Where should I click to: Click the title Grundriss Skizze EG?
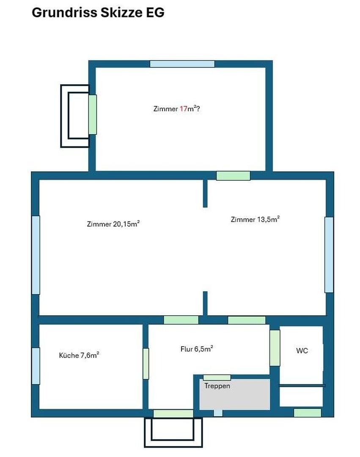[98, 13]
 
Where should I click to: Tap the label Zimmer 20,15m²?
[113, 224]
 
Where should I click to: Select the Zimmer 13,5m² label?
[255, 219]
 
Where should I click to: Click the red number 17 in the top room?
[183, 109]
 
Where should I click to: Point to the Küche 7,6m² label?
[79, 355]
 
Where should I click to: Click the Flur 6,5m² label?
[197, 349]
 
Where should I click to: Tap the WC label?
[302, 351]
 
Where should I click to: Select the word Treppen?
[217, 386]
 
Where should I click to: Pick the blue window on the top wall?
[182, 64]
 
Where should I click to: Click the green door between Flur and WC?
[275, 348]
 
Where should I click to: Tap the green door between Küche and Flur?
[146, 363]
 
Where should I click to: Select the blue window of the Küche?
[36, 366]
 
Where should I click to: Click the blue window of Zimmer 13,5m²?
[329, 254]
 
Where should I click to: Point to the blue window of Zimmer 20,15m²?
[36, 255]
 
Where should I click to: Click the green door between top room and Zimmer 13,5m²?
[233, 176]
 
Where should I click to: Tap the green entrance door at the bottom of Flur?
[173, 413]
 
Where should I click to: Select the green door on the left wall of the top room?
[93, 115]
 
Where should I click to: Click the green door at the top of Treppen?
[217, 378]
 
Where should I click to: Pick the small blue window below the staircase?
[218, 413]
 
